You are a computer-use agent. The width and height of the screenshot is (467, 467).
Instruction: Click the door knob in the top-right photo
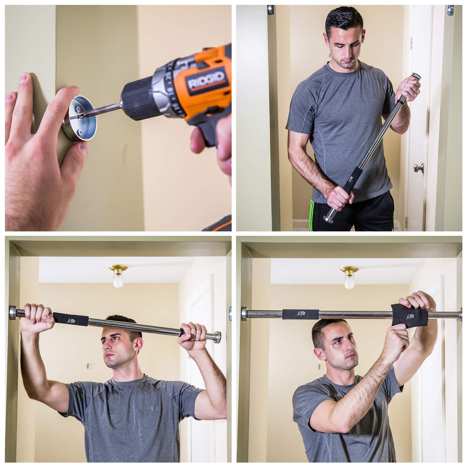point(419,167)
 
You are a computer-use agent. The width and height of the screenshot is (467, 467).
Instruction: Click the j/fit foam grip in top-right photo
point(350,179)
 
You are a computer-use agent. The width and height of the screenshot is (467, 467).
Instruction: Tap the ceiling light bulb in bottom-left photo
point(118,281)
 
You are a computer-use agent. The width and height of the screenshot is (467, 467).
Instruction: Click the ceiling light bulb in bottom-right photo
point(349,282)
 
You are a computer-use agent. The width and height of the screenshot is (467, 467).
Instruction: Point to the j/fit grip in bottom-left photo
point(70,319)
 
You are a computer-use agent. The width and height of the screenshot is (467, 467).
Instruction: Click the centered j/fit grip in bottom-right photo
point(300,314)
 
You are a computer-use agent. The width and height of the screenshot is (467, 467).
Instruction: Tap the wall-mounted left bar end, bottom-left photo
point(13,313)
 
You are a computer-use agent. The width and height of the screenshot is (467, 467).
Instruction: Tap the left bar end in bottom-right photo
point(245,313)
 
